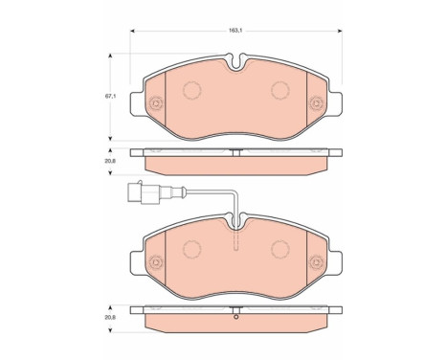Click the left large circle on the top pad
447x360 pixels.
click(x=189, y=92)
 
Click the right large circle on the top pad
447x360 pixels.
click(x=280, y=92)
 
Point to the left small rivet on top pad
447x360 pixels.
click(x=152, y=103)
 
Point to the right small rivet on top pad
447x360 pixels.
click(x=317, y=103)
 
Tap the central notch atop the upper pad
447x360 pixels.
click(x=235, y=69)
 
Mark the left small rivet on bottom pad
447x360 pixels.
click(x=152, y=260)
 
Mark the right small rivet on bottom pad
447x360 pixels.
click(x=317, y=260)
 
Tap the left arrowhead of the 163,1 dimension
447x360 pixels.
click(x=132, y=32)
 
